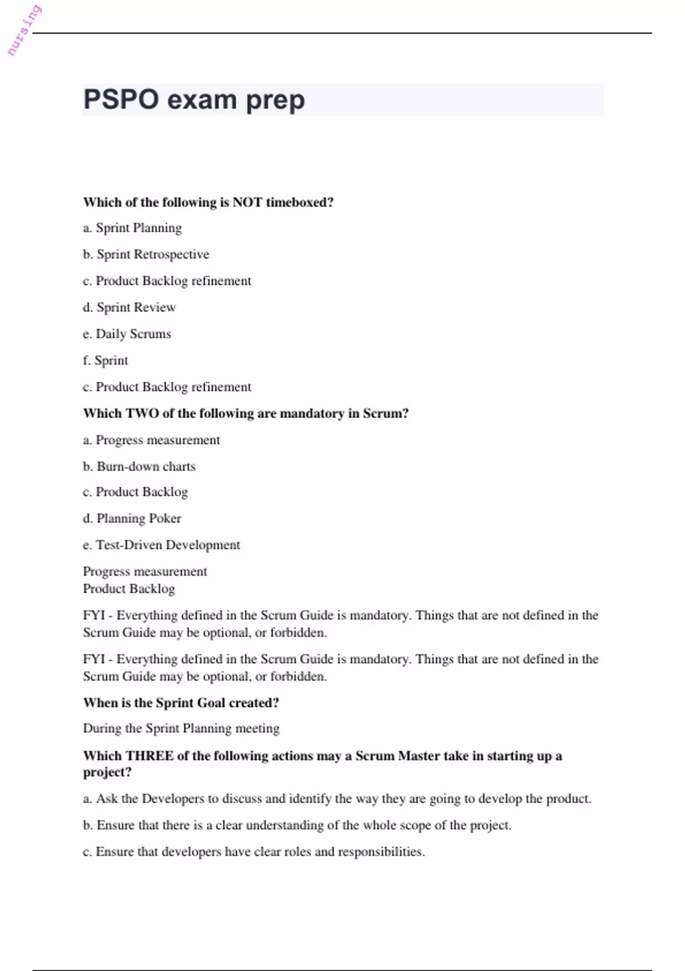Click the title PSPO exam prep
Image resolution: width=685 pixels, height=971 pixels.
pos(194,100)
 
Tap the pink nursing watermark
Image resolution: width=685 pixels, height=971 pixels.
pos(24,31)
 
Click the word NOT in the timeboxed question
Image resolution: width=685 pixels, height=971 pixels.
pos(247,202)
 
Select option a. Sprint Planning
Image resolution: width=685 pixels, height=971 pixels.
pos(132,228)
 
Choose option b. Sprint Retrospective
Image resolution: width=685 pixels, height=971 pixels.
pos(146,254)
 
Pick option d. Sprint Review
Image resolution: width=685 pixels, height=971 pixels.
pos(130,307)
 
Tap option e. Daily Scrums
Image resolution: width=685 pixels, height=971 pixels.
pos(127,334)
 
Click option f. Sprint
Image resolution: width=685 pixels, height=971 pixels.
pos(106,360)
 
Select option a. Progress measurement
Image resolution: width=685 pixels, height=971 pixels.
pos(151,440)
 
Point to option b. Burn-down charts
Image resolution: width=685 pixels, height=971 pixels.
pos(139,467)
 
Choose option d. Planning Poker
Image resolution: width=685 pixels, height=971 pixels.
pos(132,519)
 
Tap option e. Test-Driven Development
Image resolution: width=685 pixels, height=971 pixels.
pos(162,545)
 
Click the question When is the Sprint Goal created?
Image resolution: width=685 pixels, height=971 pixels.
pos(181,703)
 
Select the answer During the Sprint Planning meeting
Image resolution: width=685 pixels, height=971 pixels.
pos(181,728)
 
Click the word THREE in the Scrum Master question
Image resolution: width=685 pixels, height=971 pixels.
pos(150,756)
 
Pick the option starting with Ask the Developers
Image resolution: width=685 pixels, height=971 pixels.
pos(337,799)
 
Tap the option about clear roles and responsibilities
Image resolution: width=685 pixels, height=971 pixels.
pos(254,852)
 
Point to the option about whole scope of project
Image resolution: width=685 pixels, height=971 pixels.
pos(297,825)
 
